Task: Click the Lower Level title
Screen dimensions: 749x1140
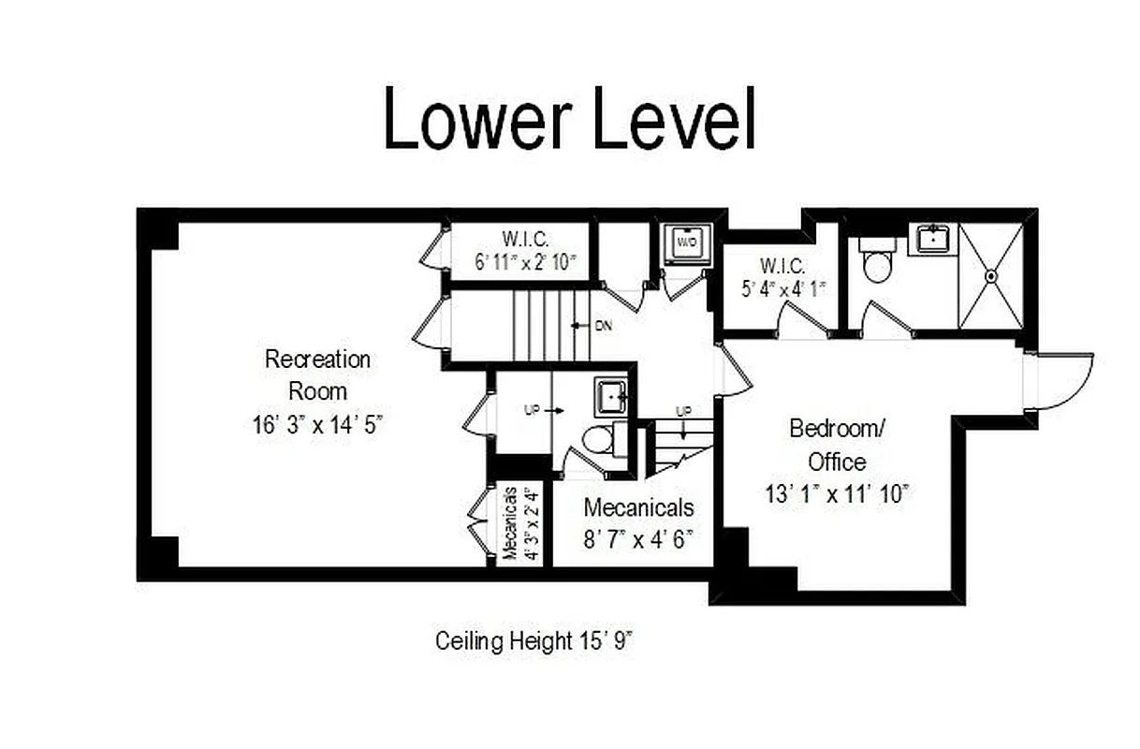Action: pyautogui.click(x=569, y=120)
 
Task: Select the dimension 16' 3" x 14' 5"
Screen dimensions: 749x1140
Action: pyautogui.click(x=317, y=424)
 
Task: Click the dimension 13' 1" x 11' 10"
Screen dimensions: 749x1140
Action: pyautogui.click(x=836, y=493)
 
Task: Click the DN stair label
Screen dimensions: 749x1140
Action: pyautogui.click(x=603, y=326)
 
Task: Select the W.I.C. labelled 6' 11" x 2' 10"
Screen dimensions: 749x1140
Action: pyautogui.click(x=520, y=250)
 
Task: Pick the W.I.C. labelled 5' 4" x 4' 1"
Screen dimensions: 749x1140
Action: pyautogui.click(x=782, y=278)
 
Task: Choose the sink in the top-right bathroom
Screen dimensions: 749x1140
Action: pyautogui.click(x=933, y=240)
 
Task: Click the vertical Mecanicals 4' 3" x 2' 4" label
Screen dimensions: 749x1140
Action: pyautogui.click(x=519, y=522)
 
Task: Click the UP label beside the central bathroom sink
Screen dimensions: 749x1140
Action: pyautogui.click(x=532, y=410)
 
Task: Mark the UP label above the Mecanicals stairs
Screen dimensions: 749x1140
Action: pyautogui.click(x=684, y=412)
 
